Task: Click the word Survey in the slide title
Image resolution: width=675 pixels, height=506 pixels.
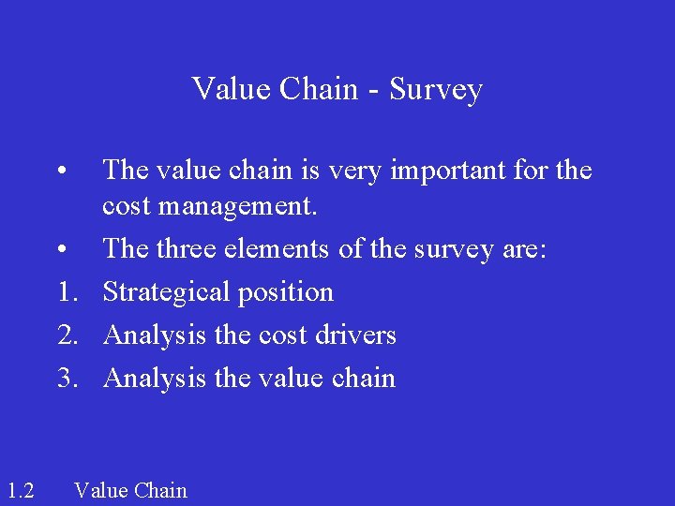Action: (436, 90)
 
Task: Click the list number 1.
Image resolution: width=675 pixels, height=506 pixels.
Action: (65, 292)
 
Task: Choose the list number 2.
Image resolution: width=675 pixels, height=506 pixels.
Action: (65, 335)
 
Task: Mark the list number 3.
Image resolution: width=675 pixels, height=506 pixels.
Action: (65, 378)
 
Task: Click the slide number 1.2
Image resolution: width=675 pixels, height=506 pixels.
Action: (20, 490)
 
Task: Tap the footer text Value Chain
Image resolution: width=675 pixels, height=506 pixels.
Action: (130, 490)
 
